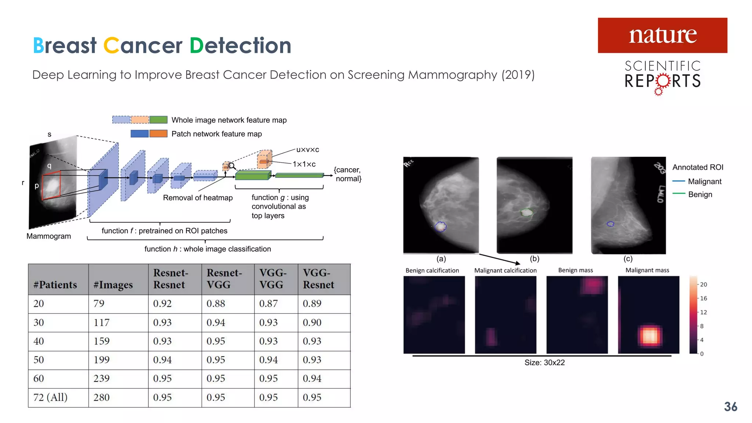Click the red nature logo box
662,35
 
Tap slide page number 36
730,406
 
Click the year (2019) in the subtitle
518,75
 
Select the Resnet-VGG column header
224,279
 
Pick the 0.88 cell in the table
216,304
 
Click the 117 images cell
101,322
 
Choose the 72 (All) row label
50,397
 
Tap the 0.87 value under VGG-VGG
268,304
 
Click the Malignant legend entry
704,181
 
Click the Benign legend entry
699,194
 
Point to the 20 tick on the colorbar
703,285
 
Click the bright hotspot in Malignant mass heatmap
649,336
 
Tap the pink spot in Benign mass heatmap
593,285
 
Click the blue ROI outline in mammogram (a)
440,227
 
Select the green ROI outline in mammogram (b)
527,212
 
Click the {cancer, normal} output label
348,174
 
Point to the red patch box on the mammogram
51,187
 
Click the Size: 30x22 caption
544,362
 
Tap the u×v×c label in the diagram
307,150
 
